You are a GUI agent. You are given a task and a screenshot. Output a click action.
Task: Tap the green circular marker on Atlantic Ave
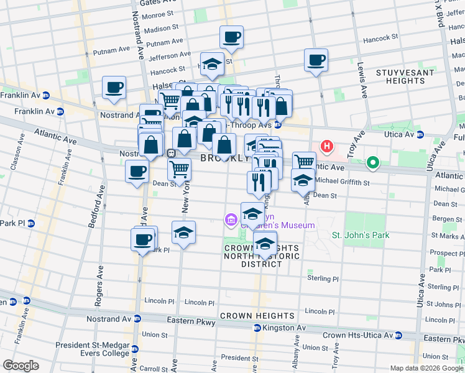tap(372, 163)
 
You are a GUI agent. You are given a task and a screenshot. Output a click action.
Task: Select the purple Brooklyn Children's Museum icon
tap(231, 219)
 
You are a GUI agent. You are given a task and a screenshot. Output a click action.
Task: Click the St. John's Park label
tap(361, 235)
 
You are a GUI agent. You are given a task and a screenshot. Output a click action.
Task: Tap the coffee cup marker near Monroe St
tap(231, 37)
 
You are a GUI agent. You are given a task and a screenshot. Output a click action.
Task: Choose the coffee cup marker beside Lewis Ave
tap(316, 60)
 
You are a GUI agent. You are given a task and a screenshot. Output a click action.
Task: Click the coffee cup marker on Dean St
tap(137, 172)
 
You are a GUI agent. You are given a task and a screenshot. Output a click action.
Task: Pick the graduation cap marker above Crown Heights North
tap(265, 243)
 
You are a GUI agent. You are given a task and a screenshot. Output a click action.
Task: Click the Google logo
tap(21, 365)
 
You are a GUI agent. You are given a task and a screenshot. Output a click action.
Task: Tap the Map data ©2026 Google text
tap(425, 368)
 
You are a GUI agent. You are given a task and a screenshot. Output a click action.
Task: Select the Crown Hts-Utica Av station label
tap(363, 335)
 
